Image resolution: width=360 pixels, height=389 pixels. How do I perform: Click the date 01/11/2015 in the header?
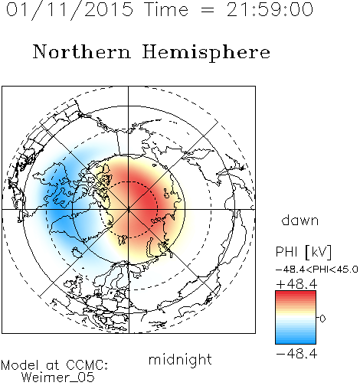[x=70, y=10]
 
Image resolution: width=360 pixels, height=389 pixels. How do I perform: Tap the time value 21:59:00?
[x=270, y=9]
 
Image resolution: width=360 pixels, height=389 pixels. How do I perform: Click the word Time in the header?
[x=166, y=9]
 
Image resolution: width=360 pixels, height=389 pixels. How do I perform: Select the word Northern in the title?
[x=82, y=51]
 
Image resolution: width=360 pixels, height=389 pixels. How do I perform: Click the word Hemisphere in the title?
[x=206, y=53]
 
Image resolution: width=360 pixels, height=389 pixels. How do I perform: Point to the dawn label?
[x=300, y=220]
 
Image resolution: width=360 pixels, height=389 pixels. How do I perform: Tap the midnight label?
[x=180, y=359]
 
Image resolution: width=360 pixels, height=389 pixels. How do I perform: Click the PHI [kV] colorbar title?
[x=303, y=252]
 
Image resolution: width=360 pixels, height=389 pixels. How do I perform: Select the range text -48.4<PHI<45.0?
[x=317, y=270]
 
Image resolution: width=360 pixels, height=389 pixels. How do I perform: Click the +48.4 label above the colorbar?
[x=296, y=284]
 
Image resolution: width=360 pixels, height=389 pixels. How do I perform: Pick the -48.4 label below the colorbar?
[x=296, y=354]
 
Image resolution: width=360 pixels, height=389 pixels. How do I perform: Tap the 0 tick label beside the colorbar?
[x=322, y=319]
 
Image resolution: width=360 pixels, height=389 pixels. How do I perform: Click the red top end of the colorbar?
[x=296, y=293]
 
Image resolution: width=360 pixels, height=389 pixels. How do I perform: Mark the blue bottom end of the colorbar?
[x=296, y=342]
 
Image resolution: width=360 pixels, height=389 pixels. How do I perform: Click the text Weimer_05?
[x=58, y=378]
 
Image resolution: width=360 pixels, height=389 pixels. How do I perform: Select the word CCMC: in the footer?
[x=87, y=365]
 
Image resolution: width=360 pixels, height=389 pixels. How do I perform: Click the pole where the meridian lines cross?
[x=129, y=209]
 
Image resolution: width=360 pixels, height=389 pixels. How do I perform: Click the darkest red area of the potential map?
[x=140, y=198]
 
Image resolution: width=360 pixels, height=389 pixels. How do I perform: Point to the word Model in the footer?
[x=20, y=365]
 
